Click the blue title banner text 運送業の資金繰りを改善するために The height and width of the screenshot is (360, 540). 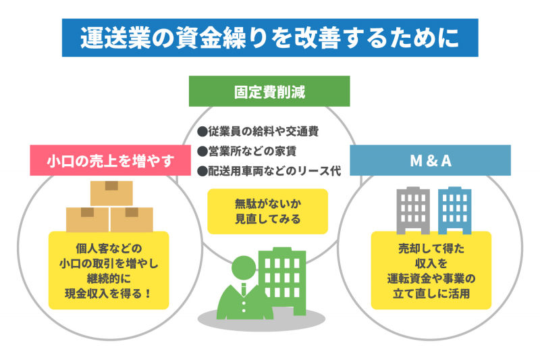[269, 38]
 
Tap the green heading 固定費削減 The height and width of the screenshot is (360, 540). [269, 92]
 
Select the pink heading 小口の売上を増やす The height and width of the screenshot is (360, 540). [111, 161]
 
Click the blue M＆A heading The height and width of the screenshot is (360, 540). [431, 161]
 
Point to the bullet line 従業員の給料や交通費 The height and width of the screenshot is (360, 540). [258, 131]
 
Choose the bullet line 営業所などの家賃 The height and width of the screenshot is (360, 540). [247, 151]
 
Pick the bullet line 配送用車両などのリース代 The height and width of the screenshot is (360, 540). [269, 171]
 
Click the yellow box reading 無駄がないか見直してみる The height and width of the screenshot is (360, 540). [267, 211]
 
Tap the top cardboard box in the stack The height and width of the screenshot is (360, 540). [111, 194]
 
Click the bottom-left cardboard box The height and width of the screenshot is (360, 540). [87, 220]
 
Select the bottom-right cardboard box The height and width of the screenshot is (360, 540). [132, 220]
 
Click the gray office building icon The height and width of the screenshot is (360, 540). [413, 210]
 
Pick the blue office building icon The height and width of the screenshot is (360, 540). [454, 210]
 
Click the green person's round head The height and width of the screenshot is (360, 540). [244, 268]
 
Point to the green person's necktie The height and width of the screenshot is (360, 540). [244, 290]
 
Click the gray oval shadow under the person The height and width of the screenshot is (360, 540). [261, 320]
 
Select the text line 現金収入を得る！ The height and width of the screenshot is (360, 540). [109, 294]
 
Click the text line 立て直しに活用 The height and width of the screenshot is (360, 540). [431, 294]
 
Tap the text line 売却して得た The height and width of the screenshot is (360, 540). [431, 249]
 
